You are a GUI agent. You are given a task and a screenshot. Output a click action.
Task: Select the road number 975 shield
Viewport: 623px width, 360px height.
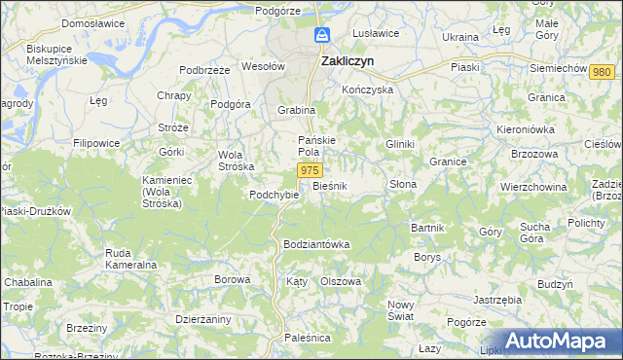coord(309,170)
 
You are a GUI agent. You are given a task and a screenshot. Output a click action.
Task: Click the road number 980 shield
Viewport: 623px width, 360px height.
coord(603,73)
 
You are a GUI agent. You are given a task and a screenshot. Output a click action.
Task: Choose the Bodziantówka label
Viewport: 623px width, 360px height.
coord(316,243)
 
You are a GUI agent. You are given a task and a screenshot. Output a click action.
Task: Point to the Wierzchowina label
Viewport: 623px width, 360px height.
coord(532,185)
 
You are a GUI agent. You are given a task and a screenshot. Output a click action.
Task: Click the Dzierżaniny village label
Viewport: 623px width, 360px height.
coord(203,317)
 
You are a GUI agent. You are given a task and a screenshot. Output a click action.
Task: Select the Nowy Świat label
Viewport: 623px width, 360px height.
coord(401,310)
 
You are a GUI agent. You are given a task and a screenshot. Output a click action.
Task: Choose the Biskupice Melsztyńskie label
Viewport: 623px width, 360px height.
coord(57,54)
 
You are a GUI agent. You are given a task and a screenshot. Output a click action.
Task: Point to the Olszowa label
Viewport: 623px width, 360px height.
coord(341,280)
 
